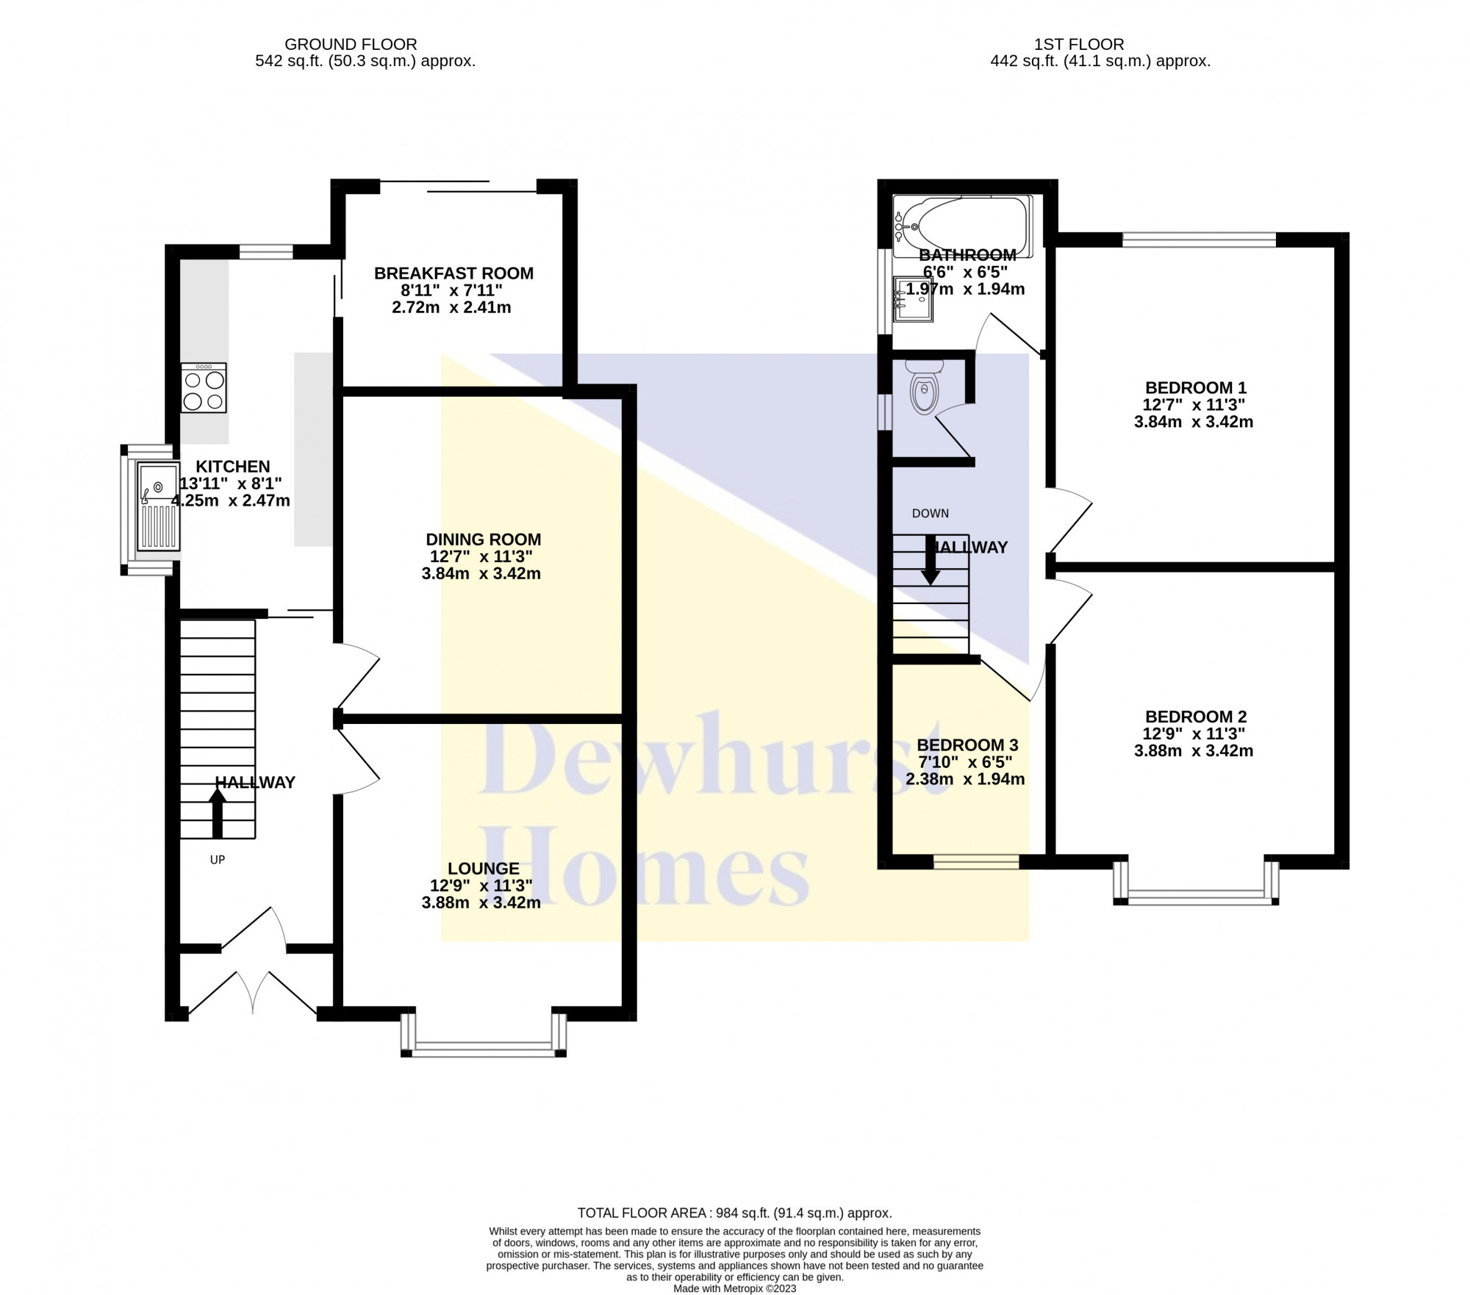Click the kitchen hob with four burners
204,387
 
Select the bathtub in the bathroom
962,226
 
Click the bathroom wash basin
914,299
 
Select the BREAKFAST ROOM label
453,273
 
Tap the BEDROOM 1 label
1196,387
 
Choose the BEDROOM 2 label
1196,717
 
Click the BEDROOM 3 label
967,745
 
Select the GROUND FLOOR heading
351,45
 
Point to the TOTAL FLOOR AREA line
735,1213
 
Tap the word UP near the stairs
218,859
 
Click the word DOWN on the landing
931,514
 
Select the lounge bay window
484,1036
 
